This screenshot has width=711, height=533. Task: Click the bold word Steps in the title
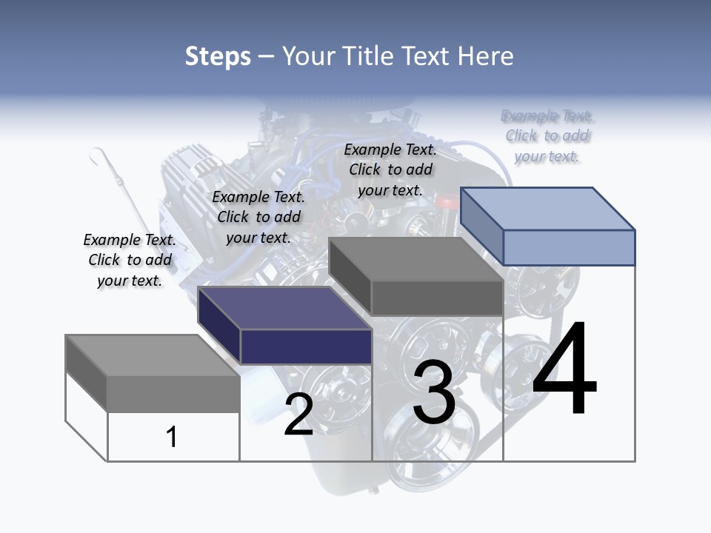coord(218,56)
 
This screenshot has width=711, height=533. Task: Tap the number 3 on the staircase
coord(434,392)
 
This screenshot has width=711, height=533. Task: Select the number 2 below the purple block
coord(298,415)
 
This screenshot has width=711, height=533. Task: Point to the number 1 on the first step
coord(171,437)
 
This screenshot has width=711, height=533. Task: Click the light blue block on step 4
coord(568,247)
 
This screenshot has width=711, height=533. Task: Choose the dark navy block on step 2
coord(305,346)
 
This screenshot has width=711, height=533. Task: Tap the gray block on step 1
coord(173,393)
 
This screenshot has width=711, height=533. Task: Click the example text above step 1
coord(130,260)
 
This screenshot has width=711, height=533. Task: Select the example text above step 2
coord(258,217)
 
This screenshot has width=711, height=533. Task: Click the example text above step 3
coord(390,170)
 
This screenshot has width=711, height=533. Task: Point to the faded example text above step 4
coord(547,135)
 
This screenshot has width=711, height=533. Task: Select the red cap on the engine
coord(447,201)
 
